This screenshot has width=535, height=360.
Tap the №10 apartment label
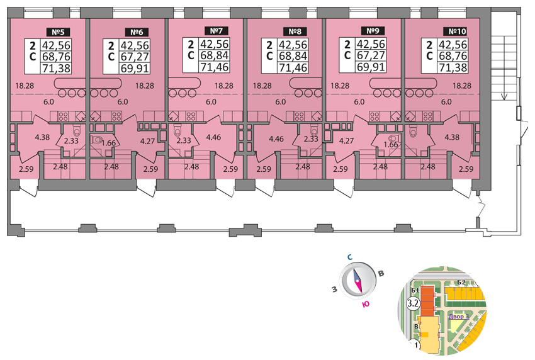[453, 31]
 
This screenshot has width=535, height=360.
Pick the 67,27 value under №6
[134, 57]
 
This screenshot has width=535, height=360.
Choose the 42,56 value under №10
[452, 45]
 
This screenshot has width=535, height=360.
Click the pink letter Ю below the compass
[364, 304]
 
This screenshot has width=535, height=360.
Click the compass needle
[358, 280]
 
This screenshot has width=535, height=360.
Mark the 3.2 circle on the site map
[414, 303]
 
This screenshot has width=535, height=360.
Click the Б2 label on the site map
[461, 281]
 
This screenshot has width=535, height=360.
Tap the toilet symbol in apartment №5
[75, 131]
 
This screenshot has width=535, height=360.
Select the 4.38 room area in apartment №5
[42, 137]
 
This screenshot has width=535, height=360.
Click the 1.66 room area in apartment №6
[109, 143]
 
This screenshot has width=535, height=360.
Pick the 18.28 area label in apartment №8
[262, 86]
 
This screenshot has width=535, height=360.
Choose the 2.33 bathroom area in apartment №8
[311, 140]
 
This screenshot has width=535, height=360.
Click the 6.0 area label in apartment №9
[359, 101]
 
